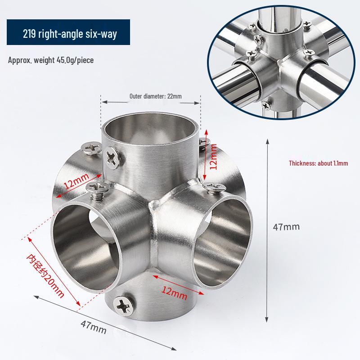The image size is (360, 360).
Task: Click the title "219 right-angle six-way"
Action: (69, 35)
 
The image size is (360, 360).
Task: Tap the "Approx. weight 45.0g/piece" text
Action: (51, 60)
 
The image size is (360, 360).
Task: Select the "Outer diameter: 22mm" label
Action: (149, 96)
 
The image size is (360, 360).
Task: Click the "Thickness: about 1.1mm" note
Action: (318, 164)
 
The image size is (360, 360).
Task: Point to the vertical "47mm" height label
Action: (286, 227)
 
